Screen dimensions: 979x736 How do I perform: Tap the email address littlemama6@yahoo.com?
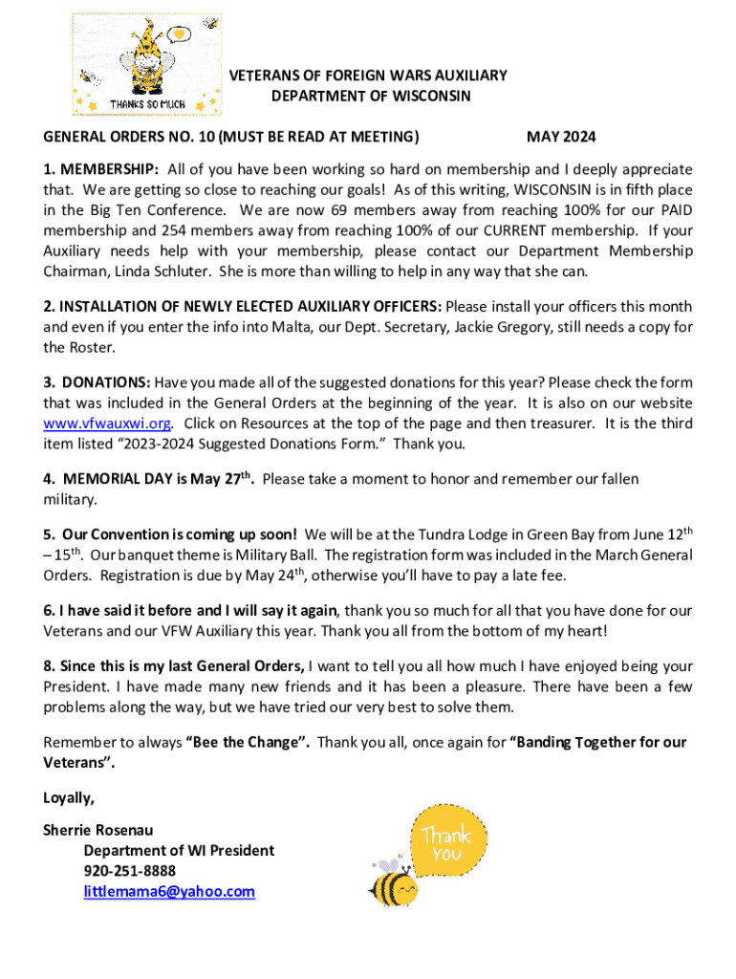tap(169, 892)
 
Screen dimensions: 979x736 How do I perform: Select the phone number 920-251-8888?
tap(129, 871)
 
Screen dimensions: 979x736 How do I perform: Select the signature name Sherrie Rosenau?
tap(97, 830)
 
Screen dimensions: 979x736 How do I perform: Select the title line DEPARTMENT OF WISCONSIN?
tap(371, 97)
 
